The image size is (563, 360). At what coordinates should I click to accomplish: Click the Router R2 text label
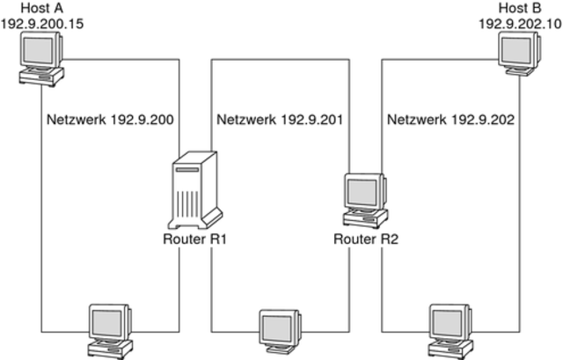click(368, 239)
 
